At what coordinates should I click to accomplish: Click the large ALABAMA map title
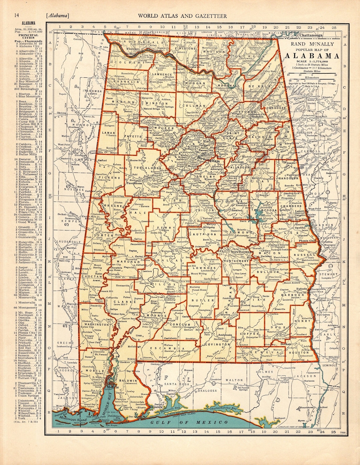click(x=312, y=56)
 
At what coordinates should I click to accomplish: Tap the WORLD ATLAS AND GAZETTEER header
click(x=183, y=16)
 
